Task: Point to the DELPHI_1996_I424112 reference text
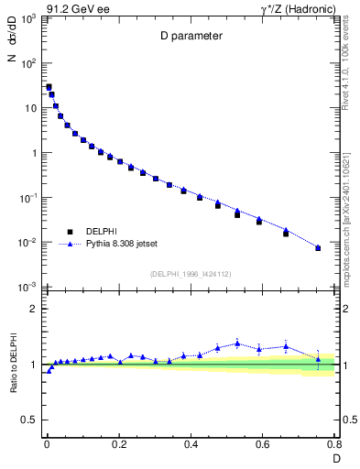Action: (190, 273)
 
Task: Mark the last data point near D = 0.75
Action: (318, 248)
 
